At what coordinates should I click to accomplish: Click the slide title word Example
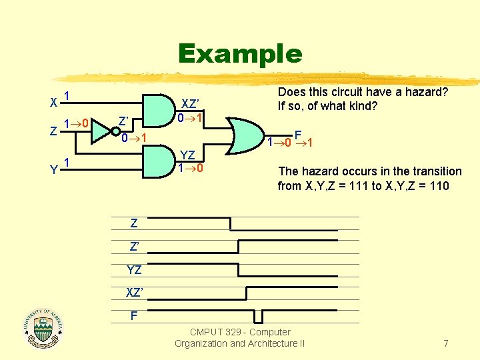pyautogui.click(x=240, y=53)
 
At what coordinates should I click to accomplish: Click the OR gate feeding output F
pyautogui.click(x=244, y=137)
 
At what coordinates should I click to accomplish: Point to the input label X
pyautogui.click(x=53, y=103)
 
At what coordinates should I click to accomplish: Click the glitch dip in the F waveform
pyautogui.click(x=263, y=315)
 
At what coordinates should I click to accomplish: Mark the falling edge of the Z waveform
pyautogui.click(x=231, y=223)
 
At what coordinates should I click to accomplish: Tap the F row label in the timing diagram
pyautogui.click(x=134, y=315)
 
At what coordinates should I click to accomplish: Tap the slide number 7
pyautogui.click(x=445, y=343)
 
